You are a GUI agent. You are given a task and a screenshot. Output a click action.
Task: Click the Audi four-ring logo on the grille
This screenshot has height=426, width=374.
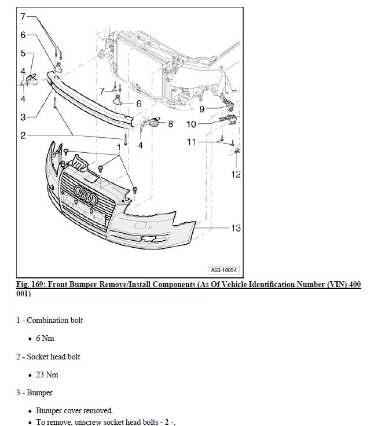(86, 194)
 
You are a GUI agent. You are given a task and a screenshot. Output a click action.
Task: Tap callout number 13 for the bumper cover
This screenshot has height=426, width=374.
(236, 227)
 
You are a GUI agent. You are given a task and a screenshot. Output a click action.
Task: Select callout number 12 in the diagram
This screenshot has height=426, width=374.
(236, 174)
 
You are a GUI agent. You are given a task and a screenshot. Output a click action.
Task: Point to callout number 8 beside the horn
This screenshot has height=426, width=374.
(170, 124)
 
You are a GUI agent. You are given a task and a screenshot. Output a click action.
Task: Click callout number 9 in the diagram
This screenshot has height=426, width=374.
(201, 109)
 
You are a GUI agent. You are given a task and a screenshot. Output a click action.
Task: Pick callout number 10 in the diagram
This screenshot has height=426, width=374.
(191, 124)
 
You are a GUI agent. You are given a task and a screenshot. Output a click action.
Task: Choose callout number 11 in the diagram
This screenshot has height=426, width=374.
(191, 142)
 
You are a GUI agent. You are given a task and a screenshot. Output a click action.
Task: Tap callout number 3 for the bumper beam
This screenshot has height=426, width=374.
(23, 117)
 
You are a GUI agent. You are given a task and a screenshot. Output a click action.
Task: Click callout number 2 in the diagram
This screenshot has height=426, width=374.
(23, 135)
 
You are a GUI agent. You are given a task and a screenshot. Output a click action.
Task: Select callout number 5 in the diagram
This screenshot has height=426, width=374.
(23, 53)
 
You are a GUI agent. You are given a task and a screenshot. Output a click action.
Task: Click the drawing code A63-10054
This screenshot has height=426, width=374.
(224, 270)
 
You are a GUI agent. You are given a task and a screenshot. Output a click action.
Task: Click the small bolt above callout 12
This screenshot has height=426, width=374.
(237, 151)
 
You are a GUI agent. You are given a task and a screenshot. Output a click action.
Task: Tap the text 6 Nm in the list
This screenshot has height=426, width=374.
(45, 338)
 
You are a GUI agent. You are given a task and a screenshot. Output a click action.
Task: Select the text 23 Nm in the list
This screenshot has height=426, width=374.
(47, 374)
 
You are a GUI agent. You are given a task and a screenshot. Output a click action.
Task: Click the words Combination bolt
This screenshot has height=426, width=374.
(54, 320)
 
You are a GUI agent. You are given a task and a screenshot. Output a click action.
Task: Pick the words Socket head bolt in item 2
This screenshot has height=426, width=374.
(53, 357)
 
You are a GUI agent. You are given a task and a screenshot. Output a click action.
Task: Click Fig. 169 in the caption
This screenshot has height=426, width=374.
(30, 284)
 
